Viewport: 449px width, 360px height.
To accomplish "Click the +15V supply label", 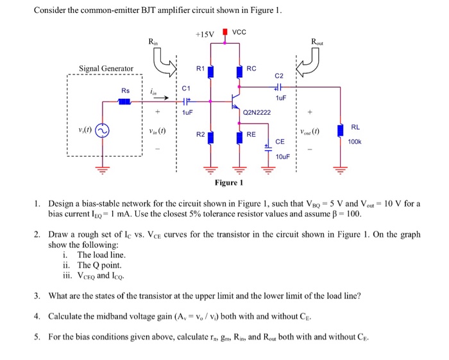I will pyautogui.click(x=203, y=34).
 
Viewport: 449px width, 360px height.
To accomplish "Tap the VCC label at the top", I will pyautogui.click(x=240, y=33).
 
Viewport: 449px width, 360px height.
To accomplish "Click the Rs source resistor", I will pyautogui.click(x=125, y=101).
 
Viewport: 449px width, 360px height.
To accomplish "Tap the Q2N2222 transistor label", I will pyautogui.click(x=257, y=112).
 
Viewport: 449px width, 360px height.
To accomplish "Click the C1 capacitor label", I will pyautogui.click(x=186, y=88).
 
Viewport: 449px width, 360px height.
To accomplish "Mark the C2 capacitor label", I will pyautogui.click(x=278, y=75).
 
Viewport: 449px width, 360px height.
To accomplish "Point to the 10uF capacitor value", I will pyautogui.click(x=283, y=157).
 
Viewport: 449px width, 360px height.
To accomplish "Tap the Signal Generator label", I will pyautogui.click(x=106, y=69).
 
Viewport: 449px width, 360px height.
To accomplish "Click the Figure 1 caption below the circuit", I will pyautogui.click(x=229, y=183).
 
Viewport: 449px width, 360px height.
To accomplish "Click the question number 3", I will pyautogui.click(x=37, y=296).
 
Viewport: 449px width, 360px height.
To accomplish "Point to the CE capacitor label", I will pyautogui.click(x=280, y=141).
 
